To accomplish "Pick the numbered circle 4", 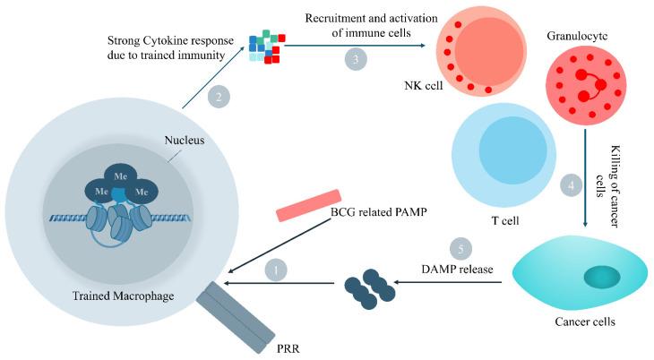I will [565, 188].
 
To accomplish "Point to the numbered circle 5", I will [457, 246].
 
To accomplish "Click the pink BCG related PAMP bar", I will [309, 205].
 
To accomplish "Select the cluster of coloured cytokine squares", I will [266, 47].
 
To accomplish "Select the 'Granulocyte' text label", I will [577, 36].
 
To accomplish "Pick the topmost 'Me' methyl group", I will [120, 175].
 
